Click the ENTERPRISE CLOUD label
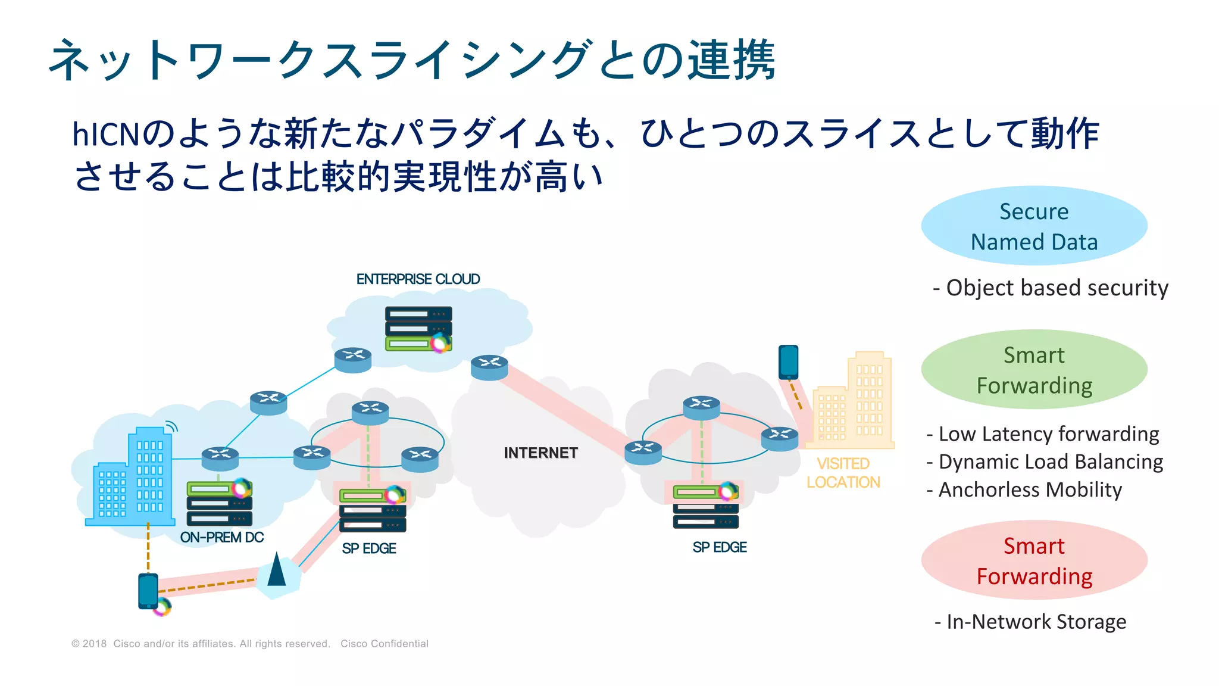coord(418,279)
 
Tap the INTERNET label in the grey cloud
coord(540,453)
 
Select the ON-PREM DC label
coord(221,537)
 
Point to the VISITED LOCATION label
coord(843,473)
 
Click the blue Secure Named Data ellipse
coord(1034,226)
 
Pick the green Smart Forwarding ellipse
coord(1034,370)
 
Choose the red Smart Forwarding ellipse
coord(1034,561)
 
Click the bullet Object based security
coord(1051,288)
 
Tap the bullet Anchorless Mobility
coord(1024,489)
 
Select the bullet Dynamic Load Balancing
coord(1045,462)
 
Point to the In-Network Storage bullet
coord(1030,622)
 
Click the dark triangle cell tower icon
coord(277,570)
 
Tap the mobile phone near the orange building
coord(789,362)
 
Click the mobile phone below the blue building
coord(148,591)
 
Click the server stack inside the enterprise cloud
coord(418,329)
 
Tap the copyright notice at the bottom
coord(250,644)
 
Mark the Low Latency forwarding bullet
coord(1043,434)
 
